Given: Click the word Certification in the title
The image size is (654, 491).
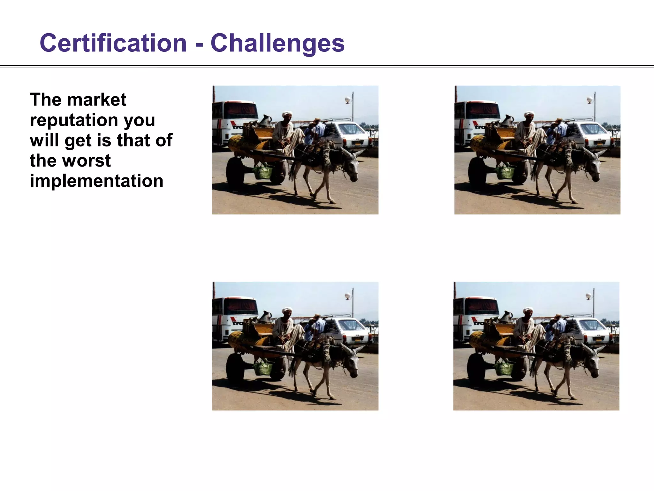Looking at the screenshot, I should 113,43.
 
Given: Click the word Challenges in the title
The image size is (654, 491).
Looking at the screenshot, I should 278,44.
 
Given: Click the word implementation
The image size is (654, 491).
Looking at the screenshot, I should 96,181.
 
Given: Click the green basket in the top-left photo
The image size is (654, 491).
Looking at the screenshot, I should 263,172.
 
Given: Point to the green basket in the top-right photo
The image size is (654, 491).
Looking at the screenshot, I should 505,172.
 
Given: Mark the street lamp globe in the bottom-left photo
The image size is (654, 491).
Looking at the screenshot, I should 347,297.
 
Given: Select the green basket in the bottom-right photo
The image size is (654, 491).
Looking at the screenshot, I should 504,368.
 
